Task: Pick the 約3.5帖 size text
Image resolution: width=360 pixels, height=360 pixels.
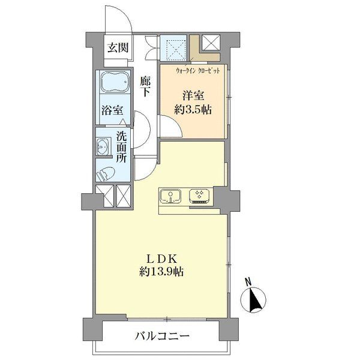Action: pyautogui.click(x=193, y=110)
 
